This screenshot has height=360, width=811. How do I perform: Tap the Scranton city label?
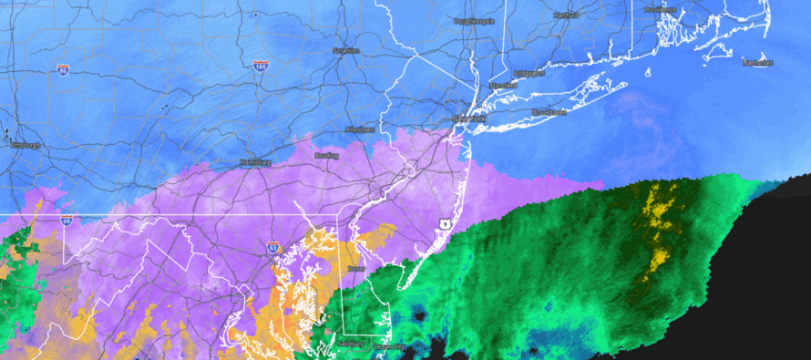click(346, 51)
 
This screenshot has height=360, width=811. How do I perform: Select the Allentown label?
click(360, 129)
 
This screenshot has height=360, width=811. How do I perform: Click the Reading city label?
click(326, 156)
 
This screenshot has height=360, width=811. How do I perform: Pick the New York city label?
click(469, 119)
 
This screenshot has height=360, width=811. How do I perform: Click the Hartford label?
click(567, 15)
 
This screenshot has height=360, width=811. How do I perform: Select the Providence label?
click(661, 10)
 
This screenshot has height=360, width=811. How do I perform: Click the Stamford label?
click(502, 85)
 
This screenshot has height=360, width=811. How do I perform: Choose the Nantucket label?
click(757, 63)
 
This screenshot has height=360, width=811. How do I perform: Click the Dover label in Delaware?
click(355, 271)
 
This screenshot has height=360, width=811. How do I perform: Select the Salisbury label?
click(350, 344)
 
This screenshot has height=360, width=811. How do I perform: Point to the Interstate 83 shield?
click(272, 246)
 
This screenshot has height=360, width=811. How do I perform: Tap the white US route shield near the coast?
click(444, 222)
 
